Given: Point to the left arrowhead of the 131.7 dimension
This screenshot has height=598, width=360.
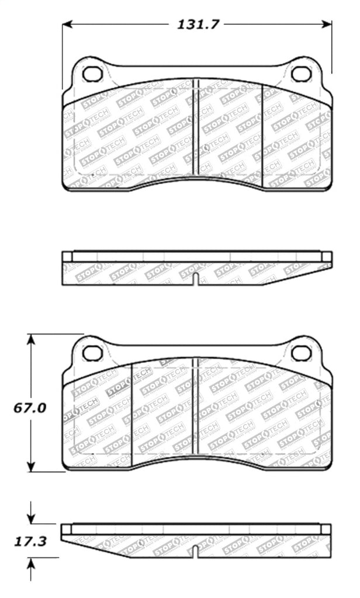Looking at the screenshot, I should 66,25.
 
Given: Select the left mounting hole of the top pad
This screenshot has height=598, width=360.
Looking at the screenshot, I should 92,74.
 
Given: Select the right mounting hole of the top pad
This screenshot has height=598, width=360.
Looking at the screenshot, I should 302,74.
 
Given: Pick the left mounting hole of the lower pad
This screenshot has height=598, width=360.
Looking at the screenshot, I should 92,353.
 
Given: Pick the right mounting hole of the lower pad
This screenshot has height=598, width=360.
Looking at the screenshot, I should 302,353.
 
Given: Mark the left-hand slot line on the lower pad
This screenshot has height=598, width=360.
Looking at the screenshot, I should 132,412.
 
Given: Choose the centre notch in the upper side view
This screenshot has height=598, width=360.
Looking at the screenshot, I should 197,279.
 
